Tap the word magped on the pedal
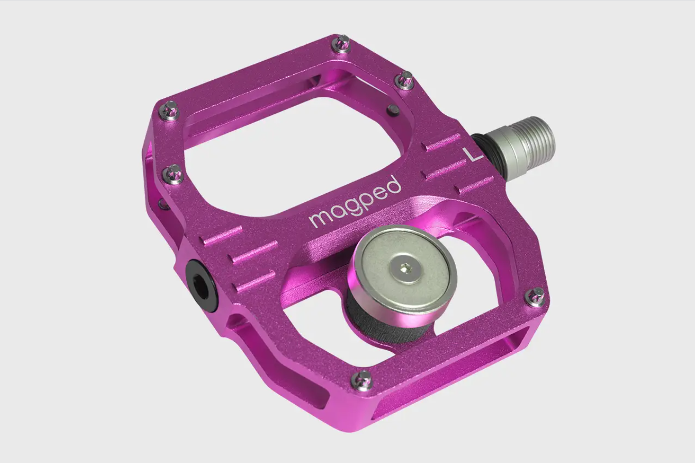tap(355, 202)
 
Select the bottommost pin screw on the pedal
tap(362, 380)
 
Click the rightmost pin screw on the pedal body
tap(533, 297)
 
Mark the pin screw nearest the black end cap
tap(175, 174)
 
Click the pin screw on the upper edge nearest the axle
tap(405, 79)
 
